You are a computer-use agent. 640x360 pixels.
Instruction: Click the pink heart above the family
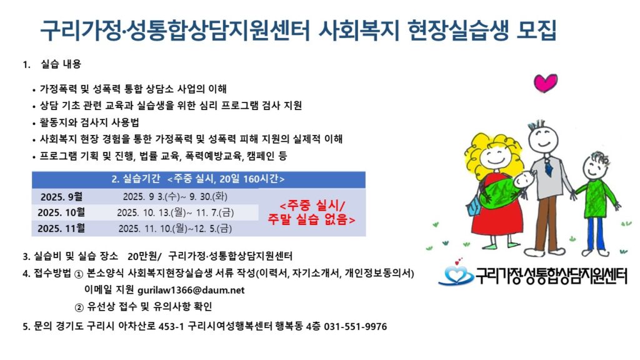pyautogui.click(x=545, y=83)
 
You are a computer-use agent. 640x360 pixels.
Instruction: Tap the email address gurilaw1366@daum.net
pyautogui.click(x=191, y=290)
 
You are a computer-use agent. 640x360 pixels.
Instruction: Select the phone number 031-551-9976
pyautogui.click(x=356, y=326)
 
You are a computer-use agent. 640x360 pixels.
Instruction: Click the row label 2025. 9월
pyautogui.click(x=62, y=197)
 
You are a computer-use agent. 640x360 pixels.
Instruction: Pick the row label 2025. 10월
pyautogui.click(x=62, y=212)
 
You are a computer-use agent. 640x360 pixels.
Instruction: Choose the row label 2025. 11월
pyautogui.click(x=62, y=228)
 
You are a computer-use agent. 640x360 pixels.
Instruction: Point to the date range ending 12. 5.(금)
pyautogui.click(x=175, y=229)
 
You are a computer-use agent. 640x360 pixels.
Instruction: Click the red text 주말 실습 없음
pyautogui.click(x=311, y=219)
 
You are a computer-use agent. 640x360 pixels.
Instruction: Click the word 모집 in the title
pyautogui.click(x=536, y=30)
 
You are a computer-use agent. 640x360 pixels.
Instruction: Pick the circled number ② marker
pyautogui.click(x=79, y=307)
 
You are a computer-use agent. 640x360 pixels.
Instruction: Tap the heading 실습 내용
pyautogui.click(x=61, y=64)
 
